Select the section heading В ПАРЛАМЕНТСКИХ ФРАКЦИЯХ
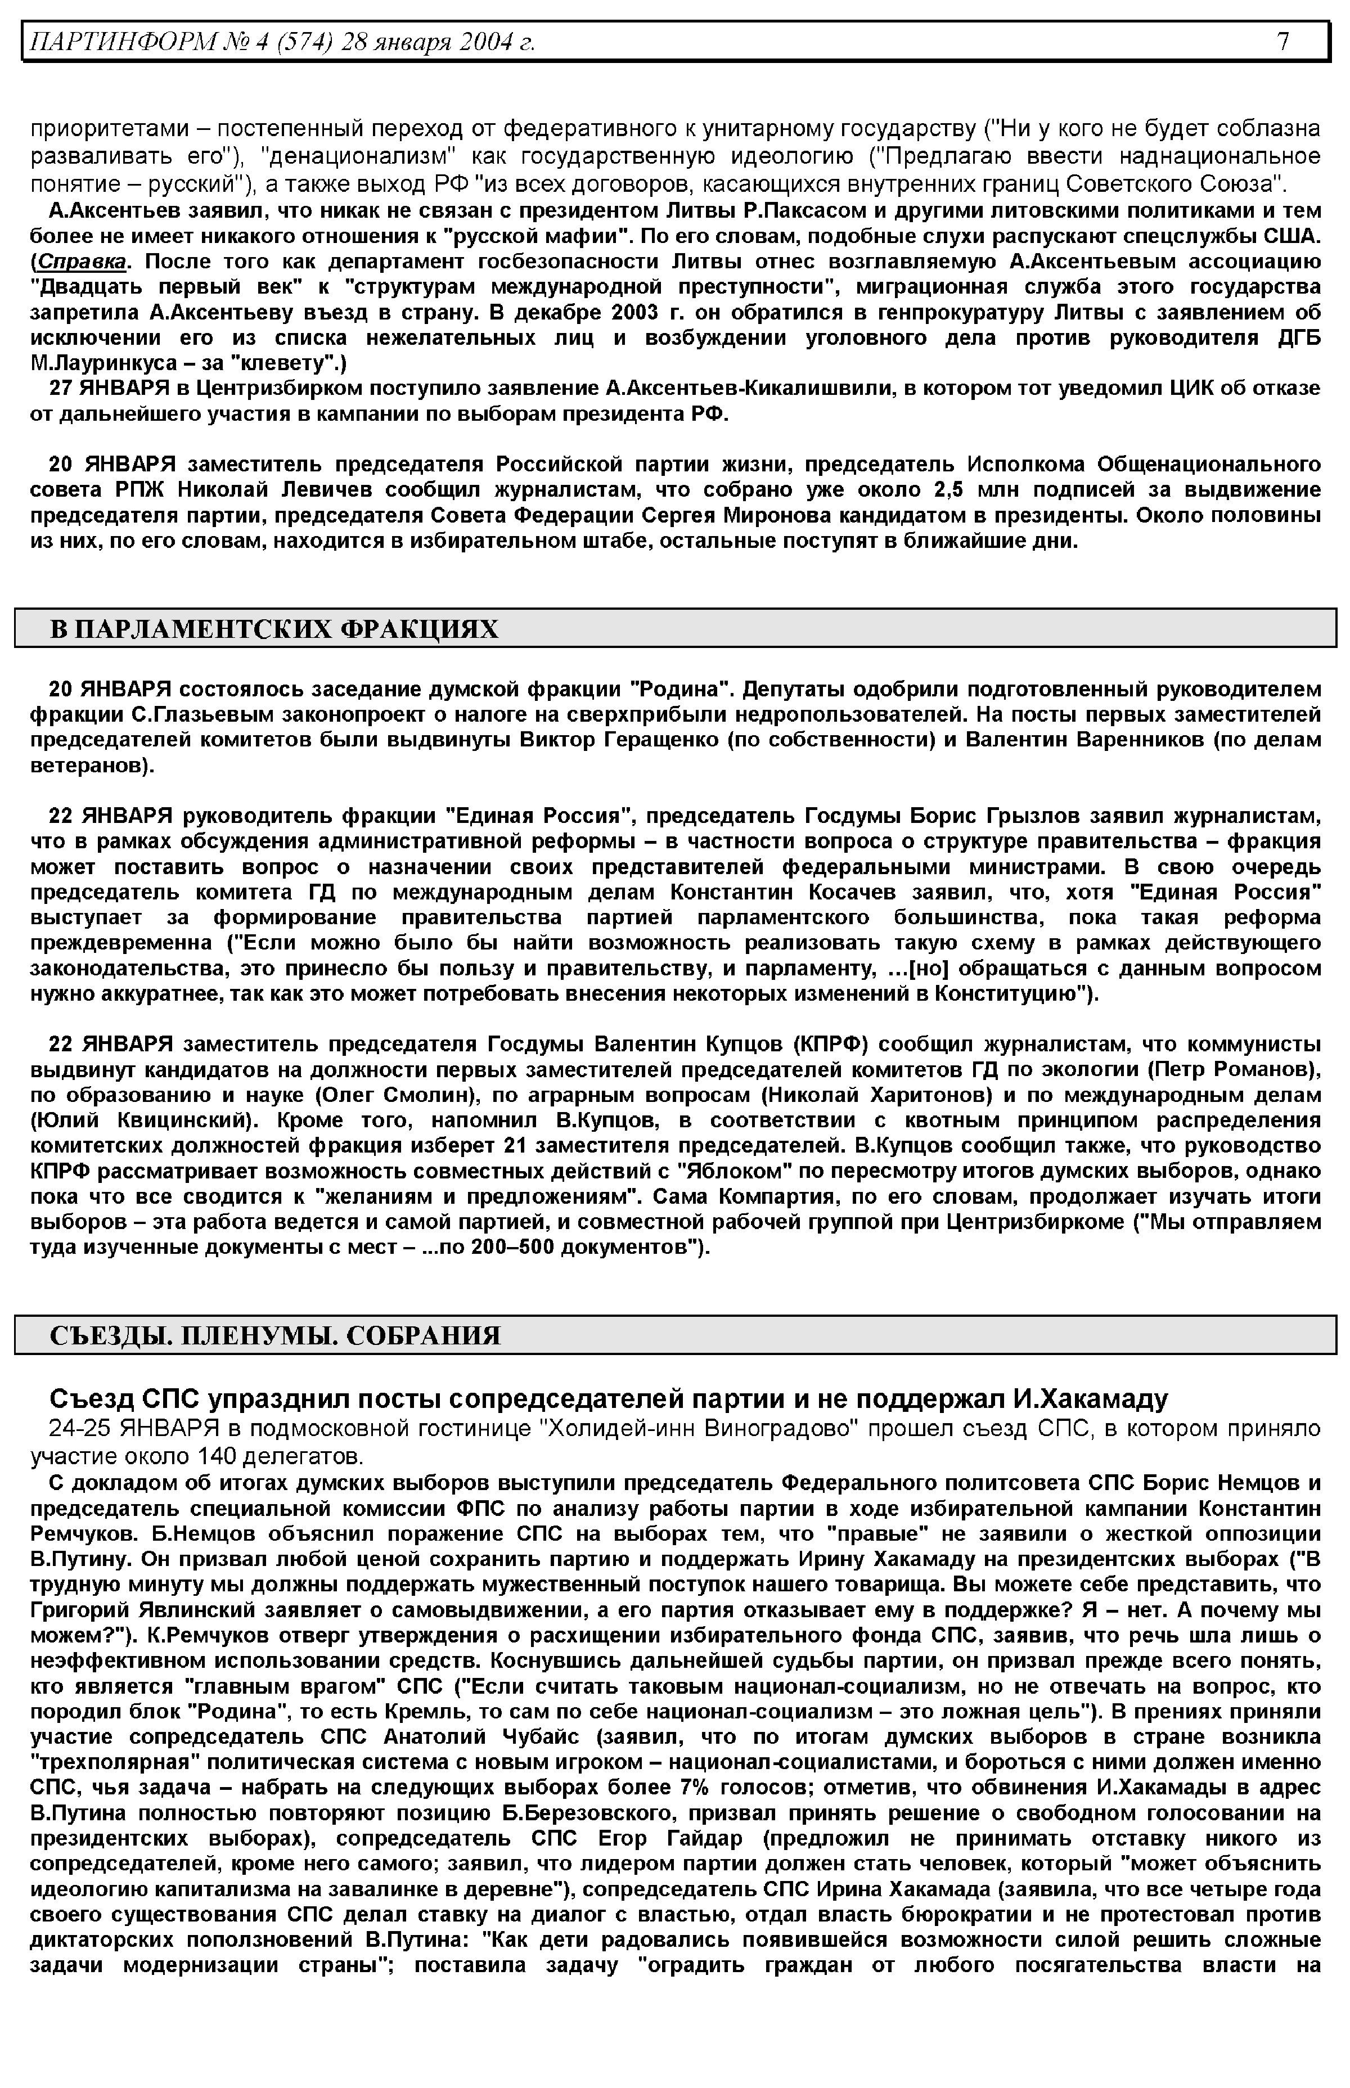tap(273, 628)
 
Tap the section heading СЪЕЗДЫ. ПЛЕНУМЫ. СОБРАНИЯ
tap(275, 1335)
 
